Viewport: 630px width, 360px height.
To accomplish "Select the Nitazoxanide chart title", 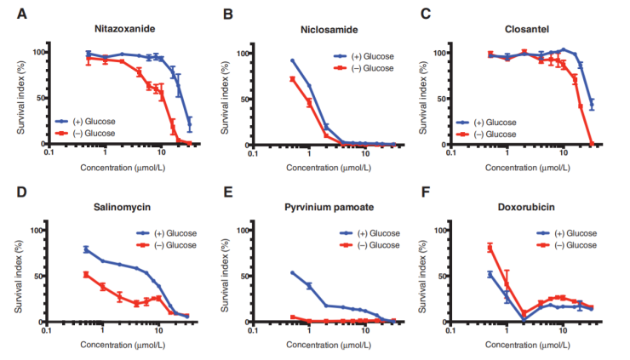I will pyautogui.click(x=124, y=30).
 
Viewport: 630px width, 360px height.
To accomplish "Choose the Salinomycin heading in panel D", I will pyautogui.click(x=124, y=207).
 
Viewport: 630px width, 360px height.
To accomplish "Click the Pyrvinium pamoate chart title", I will pyautogui.click(x=329, y=207).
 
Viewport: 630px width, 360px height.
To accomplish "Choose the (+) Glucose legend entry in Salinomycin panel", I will pyautogui.click(x=174, y=233).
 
